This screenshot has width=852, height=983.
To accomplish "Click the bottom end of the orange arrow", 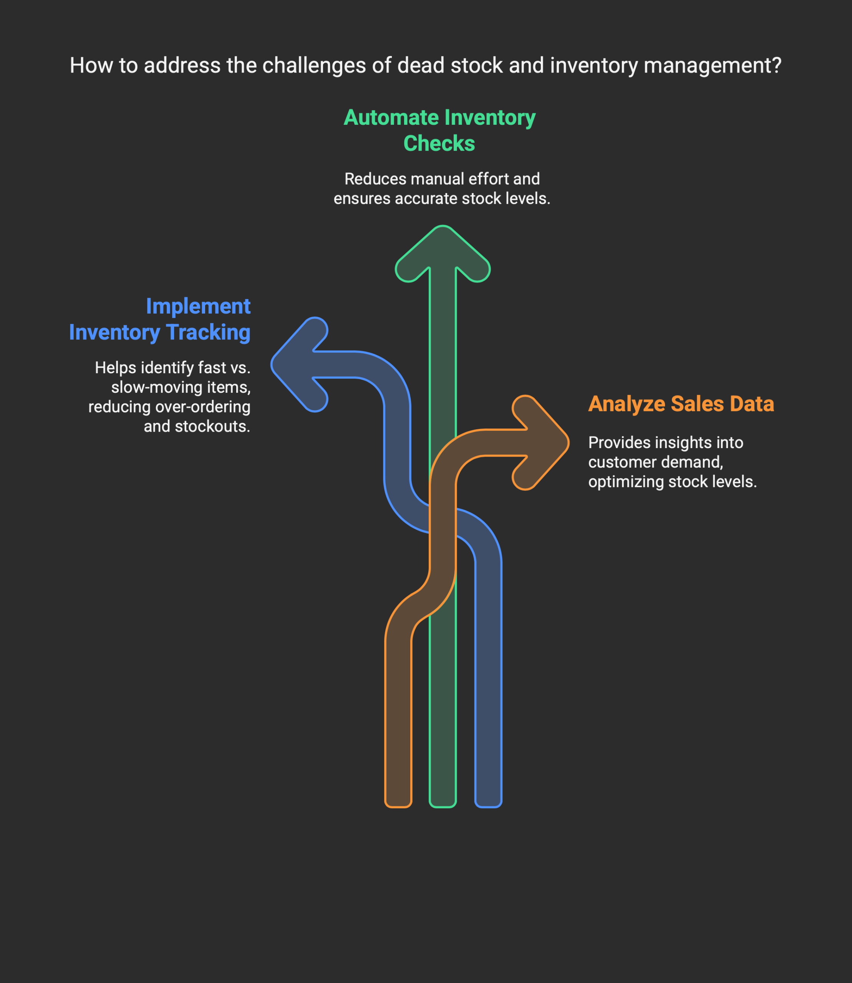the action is point(398,805).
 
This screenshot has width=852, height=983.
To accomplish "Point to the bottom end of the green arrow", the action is point(443,805).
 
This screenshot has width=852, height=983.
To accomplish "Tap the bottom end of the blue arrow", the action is point(488,805).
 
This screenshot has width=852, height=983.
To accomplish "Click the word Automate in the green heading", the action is point(391,118).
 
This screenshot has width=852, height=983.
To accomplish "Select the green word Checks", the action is point(439,144).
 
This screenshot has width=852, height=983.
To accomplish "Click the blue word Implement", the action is point(198,306).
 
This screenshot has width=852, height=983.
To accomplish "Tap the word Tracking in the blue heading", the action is point(208,332).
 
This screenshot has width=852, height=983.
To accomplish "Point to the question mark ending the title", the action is point(776,66).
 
